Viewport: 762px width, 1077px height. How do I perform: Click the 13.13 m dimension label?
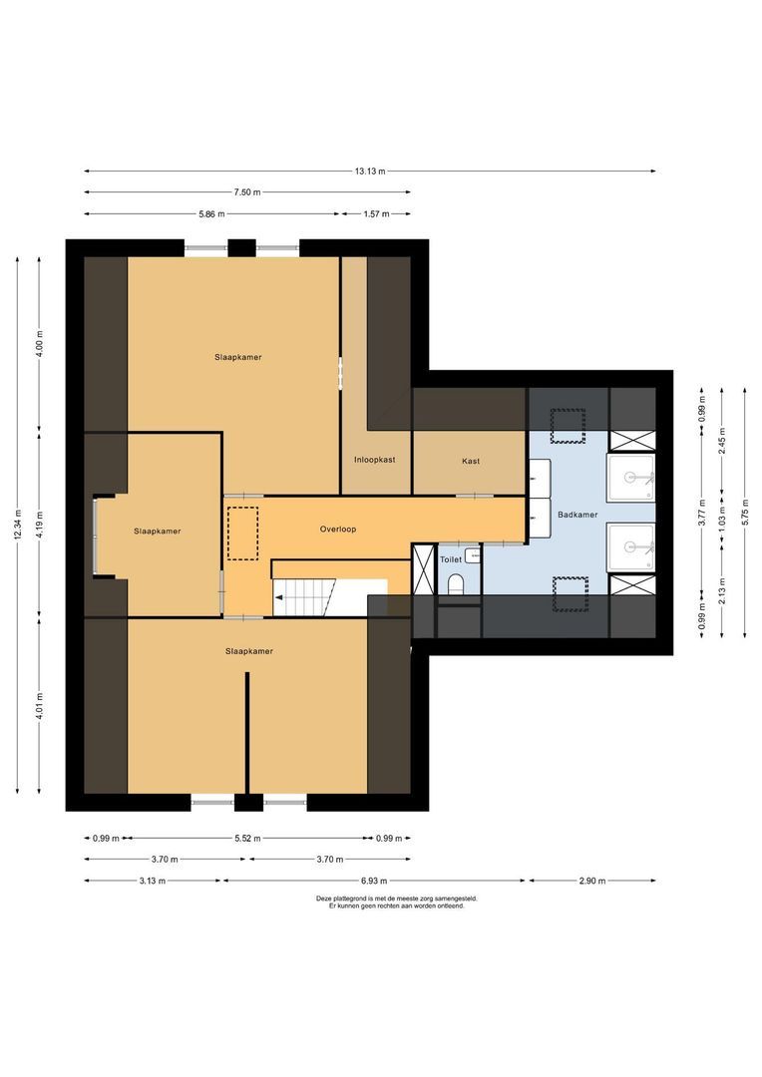[369, 171]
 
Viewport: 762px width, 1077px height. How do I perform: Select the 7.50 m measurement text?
[246, 191]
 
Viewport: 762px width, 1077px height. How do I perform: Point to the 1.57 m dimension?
[375, 213]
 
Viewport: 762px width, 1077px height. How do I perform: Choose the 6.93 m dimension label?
[375, 881]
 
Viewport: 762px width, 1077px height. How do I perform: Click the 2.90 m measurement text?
[591, 881]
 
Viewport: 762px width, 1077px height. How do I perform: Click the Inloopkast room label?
[375, 461]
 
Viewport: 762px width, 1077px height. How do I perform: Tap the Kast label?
[471, 461]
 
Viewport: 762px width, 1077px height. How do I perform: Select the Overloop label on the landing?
[338, 529]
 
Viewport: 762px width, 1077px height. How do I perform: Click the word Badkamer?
[578, 516]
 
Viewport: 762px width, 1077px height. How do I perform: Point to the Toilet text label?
[451, 560]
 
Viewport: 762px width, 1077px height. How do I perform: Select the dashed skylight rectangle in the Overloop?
[242, 533]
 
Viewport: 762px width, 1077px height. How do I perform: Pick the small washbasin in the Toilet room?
[472, 554]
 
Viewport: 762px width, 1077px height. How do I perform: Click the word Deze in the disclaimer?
[323, 898]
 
